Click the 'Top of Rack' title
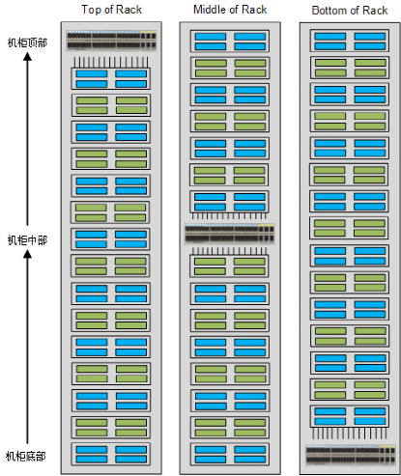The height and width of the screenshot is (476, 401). (x=111, y=10)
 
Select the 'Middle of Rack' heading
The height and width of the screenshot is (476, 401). (x=230, y=10)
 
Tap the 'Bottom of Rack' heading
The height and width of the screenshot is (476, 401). (x=350, y=11)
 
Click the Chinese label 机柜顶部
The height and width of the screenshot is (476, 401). (x=27, y=42)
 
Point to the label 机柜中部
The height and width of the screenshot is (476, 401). (x=27, y=240)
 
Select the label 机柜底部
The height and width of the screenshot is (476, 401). (x=26, y=456)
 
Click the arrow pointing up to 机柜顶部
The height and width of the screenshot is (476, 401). (x=28, y=139)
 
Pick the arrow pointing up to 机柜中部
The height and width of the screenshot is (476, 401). (x=28, y=347)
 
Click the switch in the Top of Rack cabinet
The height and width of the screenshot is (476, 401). (x=111, y=41)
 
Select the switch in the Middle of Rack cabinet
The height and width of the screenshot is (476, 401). (x=230, y=234)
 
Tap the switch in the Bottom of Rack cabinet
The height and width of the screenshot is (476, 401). (x=351, y=455)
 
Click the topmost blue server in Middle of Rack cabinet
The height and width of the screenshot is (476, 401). (x=230, y=42)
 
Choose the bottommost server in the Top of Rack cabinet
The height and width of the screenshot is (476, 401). (x=111, y=454)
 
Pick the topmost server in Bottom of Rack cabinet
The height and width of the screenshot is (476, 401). (x=350, y=41)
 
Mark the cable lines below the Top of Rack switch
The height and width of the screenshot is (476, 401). (x=111, y=62)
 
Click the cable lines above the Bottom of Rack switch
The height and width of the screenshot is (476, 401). (x=350, y=434)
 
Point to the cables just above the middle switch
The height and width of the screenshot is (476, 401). (x=229, y=216)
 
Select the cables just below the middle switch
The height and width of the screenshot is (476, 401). (x=229, y=251)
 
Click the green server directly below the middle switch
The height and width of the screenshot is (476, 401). (x=229, y=266)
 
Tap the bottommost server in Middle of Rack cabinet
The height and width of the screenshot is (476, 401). (x=230, y=454)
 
